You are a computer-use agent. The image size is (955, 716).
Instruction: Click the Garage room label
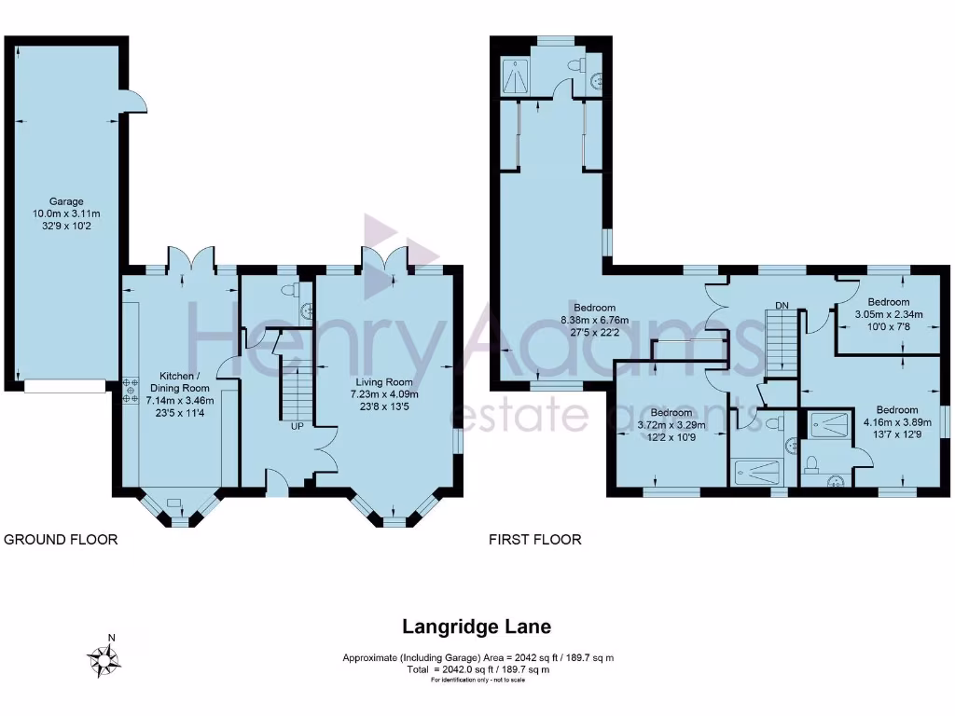click(66, 201)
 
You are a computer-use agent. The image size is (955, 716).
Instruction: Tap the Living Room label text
click(383, 382)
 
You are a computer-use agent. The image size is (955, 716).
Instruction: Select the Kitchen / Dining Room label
click(180, 382)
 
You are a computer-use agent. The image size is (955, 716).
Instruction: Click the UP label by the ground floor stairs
click(297, 426)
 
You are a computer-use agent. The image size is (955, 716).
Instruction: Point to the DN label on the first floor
click(782, 305)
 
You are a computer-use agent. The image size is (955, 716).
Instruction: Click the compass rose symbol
click(104, 659)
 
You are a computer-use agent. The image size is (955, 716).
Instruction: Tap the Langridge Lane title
click(477, 626)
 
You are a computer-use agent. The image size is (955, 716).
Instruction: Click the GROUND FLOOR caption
click(61, 540)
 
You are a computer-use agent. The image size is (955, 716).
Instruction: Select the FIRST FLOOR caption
click(534, 540)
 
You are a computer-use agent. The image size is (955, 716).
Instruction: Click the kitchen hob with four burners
click(131, 390)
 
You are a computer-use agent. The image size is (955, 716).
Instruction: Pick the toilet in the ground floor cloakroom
click(291, 289)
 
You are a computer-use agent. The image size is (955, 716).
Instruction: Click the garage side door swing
click(135, 102)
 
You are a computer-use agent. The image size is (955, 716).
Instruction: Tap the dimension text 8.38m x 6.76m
click(594, 321)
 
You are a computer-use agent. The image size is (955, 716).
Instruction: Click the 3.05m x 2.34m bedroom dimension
click(889, 315)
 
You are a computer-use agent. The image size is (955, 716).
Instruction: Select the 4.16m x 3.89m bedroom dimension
click(897, 422)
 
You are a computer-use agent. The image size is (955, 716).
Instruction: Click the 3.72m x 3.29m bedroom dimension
click(671, 425)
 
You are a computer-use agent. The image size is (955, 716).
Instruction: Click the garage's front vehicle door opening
click(65, 386)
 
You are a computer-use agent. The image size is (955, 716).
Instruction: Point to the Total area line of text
click(478, 669)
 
